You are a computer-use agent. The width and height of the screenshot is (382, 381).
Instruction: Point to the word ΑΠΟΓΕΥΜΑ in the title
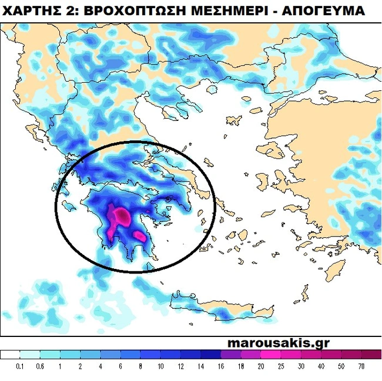click(328, 11)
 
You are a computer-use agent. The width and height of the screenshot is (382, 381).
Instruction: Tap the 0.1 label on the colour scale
click(21, 366)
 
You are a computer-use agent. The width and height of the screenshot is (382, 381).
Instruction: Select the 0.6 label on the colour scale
click(41, 366)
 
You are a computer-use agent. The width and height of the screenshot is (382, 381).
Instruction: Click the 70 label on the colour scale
click(361, 366)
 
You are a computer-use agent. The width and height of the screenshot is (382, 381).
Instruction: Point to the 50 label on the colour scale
click(341, 366)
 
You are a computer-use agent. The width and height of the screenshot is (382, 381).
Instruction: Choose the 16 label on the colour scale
click(221, 366)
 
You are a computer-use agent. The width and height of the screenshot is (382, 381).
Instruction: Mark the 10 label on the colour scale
click(160, 366)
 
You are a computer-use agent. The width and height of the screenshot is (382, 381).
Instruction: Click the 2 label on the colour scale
click(81, 366)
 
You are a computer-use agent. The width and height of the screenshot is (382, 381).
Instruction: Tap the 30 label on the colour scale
click(301, 366)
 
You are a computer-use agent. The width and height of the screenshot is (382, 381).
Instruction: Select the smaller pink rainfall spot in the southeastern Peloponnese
click(140, 236)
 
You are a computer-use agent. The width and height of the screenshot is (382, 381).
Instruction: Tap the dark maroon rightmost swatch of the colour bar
click(371, 355)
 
